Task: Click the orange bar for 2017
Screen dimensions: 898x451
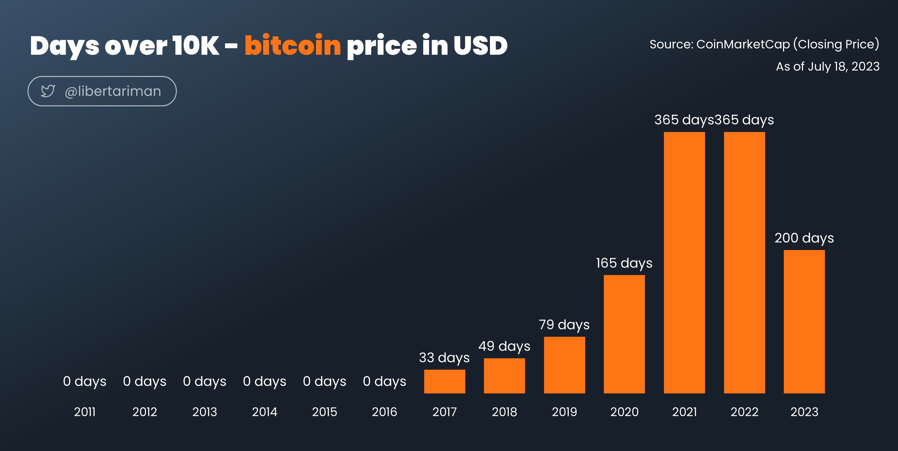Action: pos(444,381)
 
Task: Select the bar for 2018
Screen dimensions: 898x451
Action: pos(505,376)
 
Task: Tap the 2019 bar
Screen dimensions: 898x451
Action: pos(564,365)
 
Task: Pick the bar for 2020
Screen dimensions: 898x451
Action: pos(624,334)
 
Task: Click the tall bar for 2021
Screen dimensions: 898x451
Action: pos(684,263)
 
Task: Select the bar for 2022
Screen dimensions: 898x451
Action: pos(744,263)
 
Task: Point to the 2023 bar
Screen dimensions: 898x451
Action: pos(804,322)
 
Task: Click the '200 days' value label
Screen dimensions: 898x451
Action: pos(804,238)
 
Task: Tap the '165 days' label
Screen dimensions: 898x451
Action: pos(624,263)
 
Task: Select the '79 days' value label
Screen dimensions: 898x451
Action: pos(564,325)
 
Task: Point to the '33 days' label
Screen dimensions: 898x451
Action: pos(444,358)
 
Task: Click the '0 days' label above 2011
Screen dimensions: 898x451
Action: pos(85,382)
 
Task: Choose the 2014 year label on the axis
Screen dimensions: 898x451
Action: pos(264,412)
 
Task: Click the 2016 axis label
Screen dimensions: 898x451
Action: pos(385,412)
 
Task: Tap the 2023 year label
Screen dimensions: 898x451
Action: pos(804,412)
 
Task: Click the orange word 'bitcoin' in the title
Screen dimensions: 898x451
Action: pos(293,45)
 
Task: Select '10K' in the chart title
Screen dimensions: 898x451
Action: pos(195,45)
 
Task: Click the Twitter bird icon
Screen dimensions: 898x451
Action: pos(48,91)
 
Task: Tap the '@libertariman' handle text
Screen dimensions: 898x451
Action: pos(113,91)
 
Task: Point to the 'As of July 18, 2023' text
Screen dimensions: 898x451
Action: pos(827,66)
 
